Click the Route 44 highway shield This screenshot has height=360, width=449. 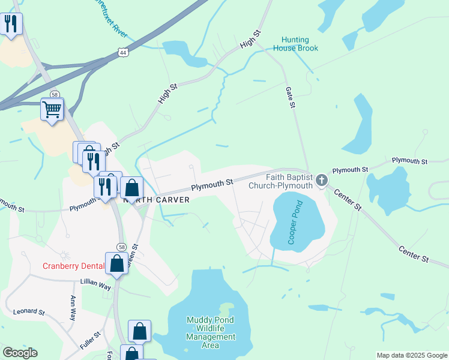(123, 53)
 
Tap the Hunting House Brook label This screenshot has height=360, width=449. (296, 44)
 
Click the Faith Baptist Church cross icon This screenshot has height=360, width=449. (322, 179)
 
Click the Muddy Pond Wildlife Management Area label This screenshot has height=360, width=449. (211, 332)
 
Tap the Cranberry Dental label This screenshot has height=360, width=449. (73, 266)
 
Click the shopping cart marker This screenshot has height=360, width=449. (52, 109)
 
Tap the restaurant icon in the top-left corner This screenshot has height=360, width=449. (11, 24)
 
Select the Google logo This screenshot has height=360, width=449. (20, 353)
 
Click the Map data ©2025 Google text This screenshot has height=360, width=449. (411, 355)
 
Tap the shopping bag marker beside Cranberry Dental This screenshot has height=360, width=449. (116, 263)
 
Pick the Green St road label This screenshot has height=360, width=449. (134, 254)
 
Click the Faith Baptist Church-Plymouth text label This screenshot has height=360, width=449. (281, 181)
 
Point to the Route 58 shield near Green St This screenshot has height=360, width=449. (122, 247)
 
